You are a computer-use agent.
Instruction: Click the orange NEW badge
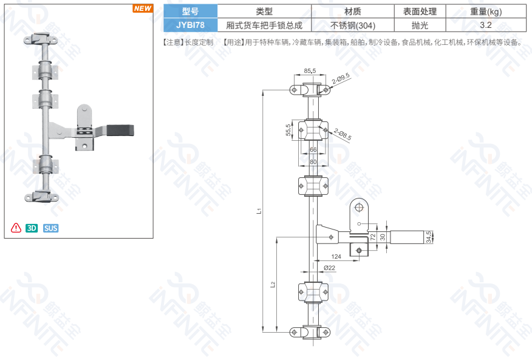pyautogui.click(x=143, y=8)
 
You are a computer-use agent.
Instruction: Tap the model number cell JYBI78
pyautogui.click(x=190, y=25)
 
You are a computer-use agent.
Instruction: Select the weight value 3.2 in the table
pyautogui.click(x=485, y=25)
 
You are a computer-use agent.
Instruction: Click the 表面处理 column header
pyautogui.click(x=420, y=12)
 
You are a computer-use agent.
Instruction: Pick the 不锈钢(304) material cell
pyautogui.click(x=353, y=25)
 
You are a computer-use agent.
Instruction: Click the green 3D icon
pyautogui.click(x=32, y=228)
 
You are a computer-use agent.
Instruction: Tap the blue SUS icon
pyautogui.click(x=51, y=228)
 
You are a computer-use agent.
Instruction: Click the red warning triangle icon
pyautogui.click(x=16, y=228)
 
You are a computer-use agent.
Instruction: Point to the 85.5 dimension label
pyautogui.click(x=310, y=71)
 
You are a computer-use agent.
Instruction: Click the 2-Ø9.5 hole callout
pyautogui.click(x=341, y=78)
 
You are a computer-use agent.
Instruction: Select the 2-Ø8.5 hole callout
pyautogui.click(x=343, y=134)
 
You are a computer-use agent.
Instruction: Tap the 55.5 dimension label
pyautogui.click(x=288, y=130)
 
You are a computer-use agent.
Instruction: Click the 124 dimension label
pyautogui.click(x=336, y=257)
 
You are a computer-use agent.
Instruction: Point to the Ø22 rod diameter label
pyautogui.click(x=329, y=268)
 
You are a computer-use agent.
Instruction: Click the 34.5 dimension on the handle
pyautogui.click(x=429, y=237)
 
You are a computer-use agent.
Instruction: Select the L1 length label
pyautogui.click(x=259, y=211)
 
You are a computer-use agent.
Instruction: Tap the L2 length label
pyautogui.click(x=273, y=284)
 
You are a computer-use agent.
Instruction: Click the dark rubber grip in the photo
pyautogui.click(x=120, y=131)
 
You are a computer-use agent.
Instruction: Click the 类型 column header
pyautogui.click(x=264, y=12)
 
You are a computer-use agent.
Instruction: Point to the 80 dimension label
pyautogui.click(x=313, y=162)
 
